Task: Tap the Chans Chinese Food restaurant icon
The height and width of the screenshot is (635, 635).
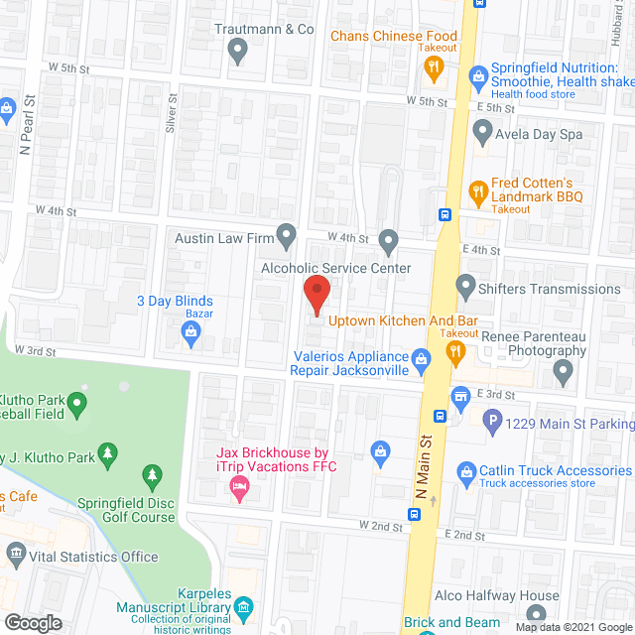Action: point(433,67)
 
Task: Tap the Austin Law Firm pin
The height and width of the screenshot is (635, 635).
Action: point(287,236)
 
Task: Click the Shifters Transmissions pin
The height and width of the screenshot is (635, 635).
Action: point(465,288)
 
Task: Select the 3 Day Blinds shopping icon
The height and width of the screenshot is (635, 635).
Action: point(190,337)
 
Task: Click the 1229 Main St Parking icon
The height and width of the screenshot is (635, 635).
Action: point(492,424)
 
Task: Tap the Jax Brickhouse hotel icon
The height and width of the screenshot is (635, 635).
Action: point(238,485)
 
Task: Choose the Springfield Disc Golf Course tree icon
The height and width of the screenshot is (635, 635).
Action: point(152,477)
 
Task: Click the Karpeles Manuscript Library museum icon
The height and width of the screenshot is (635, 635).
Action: point(246,605)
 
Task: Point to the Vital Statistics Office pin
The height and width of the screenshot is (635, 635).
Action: point(15,554)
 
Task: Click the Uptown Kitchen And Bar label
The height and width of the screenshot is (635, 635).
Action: point(403,321)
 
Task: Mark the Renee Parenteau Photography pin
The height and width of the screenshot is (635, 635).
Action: point(564,374)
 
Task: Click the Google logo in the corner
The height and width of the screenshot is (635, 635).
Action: point(33,622)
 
